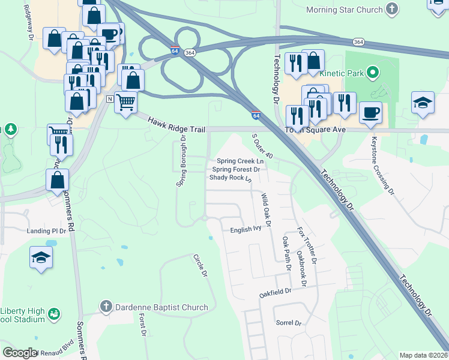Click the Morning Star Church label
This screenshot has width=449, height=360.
[x=344, y=10]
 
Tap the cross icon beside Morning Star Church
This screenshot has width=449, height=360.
[x=392, y=9]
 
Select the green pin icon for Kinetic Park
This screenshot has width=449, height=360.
[x=372, y=74]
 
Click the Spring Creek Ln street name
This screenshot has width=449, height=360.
[x=240, y=161]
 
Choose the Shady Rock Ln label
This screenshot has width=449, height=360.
[x=231, y=178]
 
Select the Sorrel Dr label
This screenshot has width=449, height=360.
[x=288, y=323]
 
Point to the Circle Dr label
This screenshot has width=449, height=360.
[x=200, y=265]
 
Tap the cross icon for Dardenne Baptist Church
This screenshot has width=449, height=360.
[x=106, y=307]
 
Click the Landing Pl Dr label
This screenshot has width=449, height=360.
[x=46, y=230]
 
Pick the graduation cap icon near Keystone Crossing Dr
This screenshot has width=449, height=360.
[x=423, y=103]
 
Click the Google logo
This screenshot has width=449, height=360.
[x=20, y=353]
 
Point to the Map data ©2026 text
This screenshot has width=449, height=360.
[x=423, y=355]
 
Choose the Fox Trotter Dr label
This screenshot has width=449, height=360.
[x=306, y=246]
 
